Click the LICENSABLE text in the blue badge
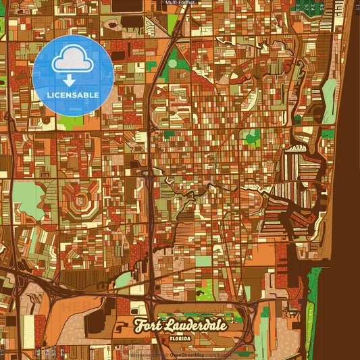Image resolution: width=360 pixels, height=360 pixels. pos(73,95)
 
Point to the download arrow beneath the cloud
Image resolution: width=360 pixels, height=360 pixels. pos(70,80)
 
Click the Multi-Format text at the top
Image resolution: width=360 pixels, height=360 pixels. pos(180,3)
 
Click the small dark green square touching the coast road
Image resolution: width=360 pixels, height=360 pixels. pos(328,134)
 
